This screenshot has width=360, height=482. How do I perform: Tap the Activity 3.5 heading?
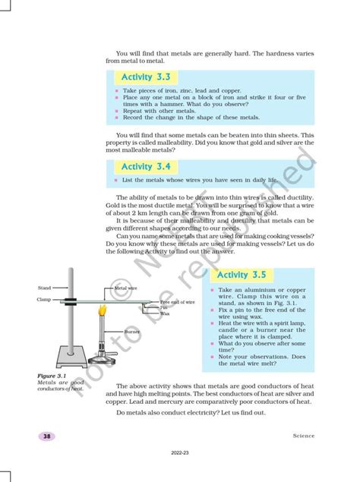[x=245, y=275]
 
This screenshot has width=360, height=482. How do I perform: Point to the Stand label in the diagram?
[x=44, y=288]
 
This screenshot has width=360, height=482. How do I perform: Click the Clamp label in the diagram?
[x=43, y=300]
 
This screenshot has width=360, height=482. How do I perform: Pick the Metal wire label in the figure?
[x=125, y=288]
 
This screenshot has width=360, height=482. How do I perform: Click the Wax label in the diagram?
[x=164, y=313]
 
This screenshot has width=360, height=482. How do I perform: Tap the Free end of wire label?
[x=178, y=302]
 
